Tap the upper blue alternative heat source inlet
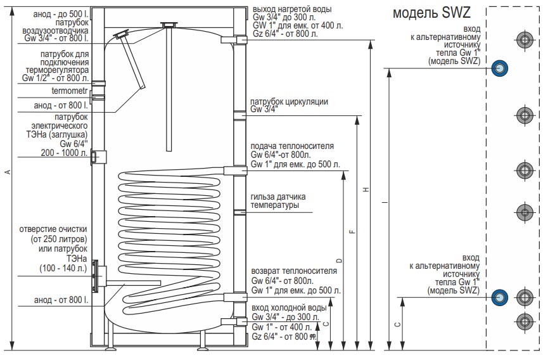pyautogui.click(x=499, y=67)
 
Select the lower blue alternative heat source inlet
pyautogui.click(x=499, y=296)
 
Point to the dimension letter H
pyautogui.click(x=366, y=190)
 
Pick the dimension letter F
pyautogui.click(x=352, y=231)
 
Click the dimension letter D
pyautogui.click(x=339, y=260)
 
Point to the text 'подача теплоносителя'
pyautogui.click(x=292, y=146)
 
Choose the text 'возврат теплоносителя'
pyautogui.click(x=293, y=271)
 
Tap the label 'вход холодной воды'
pyautogui.click(x=289, y=308)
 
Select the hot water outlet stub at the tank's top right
pyautogui.click(x=241, y=40)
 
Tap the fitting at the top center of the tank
pyautogui.click(x=169, y=25)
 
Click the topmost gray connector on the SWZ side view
pyautogui.click(x=524, y=40)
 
